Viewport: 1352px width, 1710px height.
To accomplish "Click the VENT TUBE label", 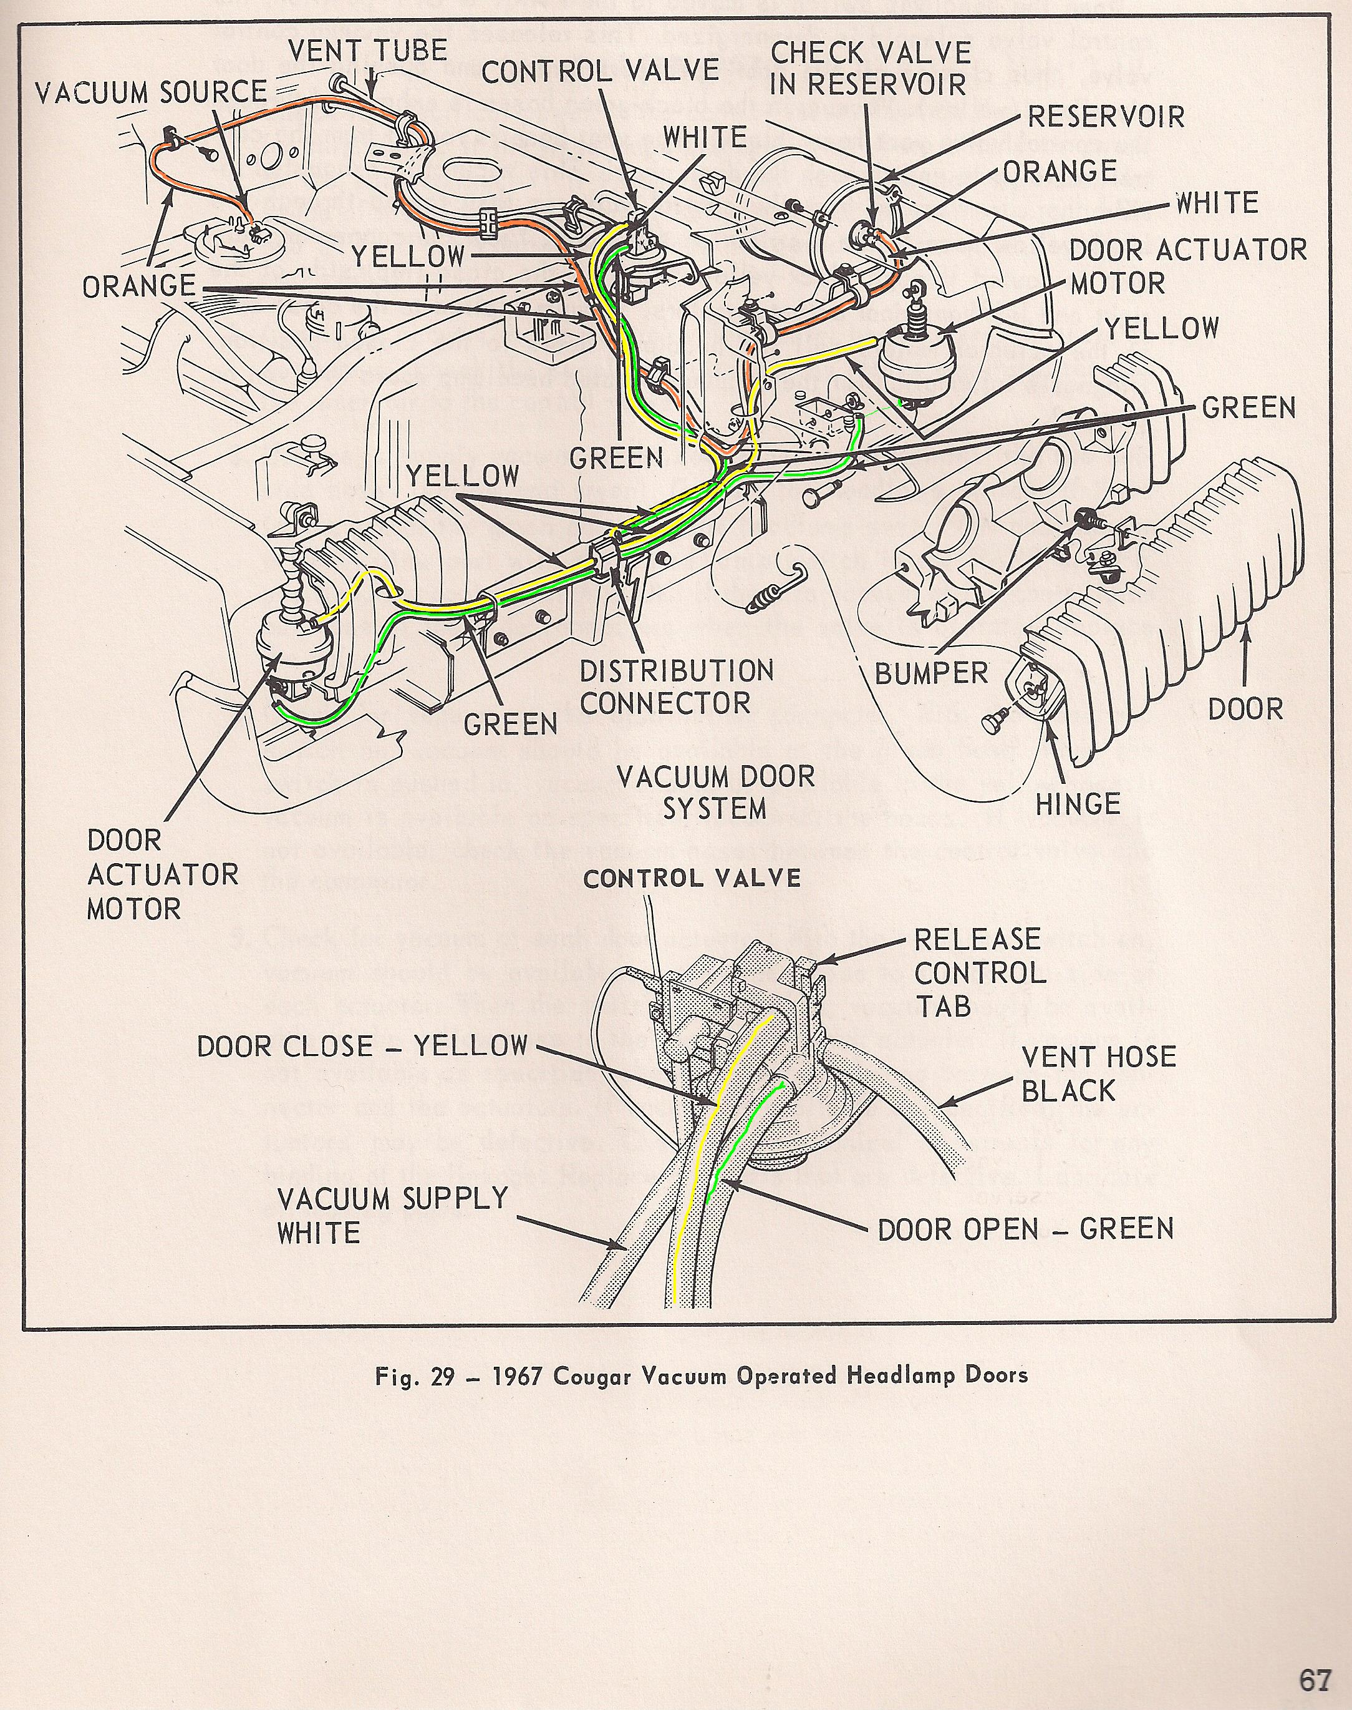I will [x=367, y=51].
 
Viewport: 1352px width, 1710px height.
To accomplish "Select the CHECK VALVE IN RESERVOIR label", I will [x=870, y=68].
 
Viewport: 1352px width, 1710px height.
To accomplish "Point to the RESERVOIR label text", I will [x=1106, y=117].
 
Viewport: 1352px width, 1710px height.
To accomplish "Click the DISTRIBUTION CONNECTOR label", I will [x=676, y=686].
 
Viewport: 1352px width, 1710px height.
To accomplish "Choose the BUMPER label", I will [x=932, y=673].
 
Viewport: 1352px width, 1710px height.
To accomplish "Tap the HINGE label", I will [x=1078, y=804].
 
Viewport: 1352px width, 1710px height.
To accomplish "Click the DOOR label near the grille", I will [x=1245, y=709].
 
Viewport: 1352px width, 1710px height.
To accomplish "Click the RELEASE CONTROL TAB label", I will [x=980, y=972].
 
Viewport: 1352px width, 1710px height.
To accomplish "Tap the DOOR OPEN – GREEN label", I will [x=1025, y=1229].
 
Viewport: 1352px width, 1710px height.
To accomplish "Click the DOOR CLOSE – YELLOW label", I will [x=362, y=1045].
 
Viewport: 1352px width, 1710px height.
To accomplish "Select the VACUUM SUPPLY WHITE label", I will [x=392, y=1215].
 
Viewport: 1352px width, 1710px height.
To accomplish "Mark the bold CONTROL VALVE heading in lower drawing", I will [x=692, y=878].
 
